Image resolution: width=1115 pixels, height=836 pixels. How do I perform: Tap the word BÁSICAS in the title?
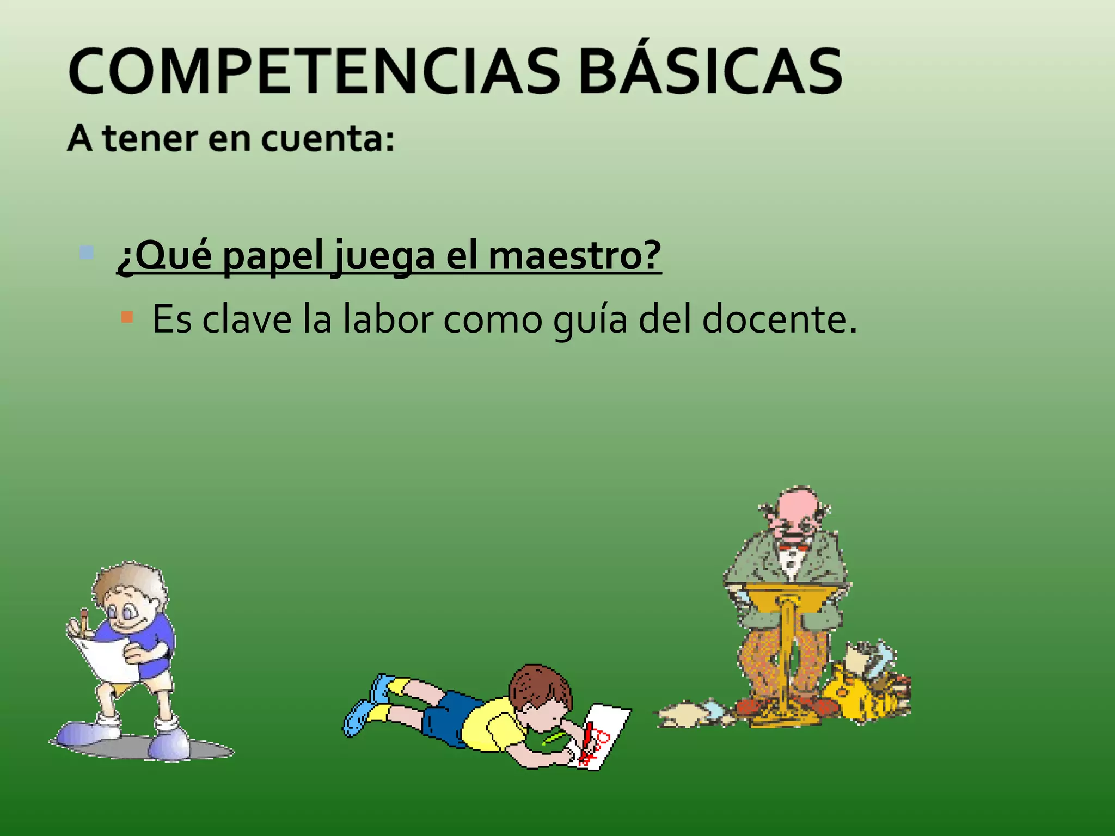tap(710, 72)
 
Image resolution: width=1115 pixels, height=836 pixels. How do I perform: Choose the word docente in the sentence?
tap(779, 319)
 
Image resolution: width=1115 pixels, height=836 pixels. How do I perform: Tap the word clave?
tap(247, 319)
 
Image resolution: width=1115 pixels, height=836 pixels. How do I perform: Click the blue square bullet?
tap(86, 253)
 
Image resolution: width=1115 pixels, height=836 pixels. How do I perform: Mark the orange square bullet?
tap(127, 317)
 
